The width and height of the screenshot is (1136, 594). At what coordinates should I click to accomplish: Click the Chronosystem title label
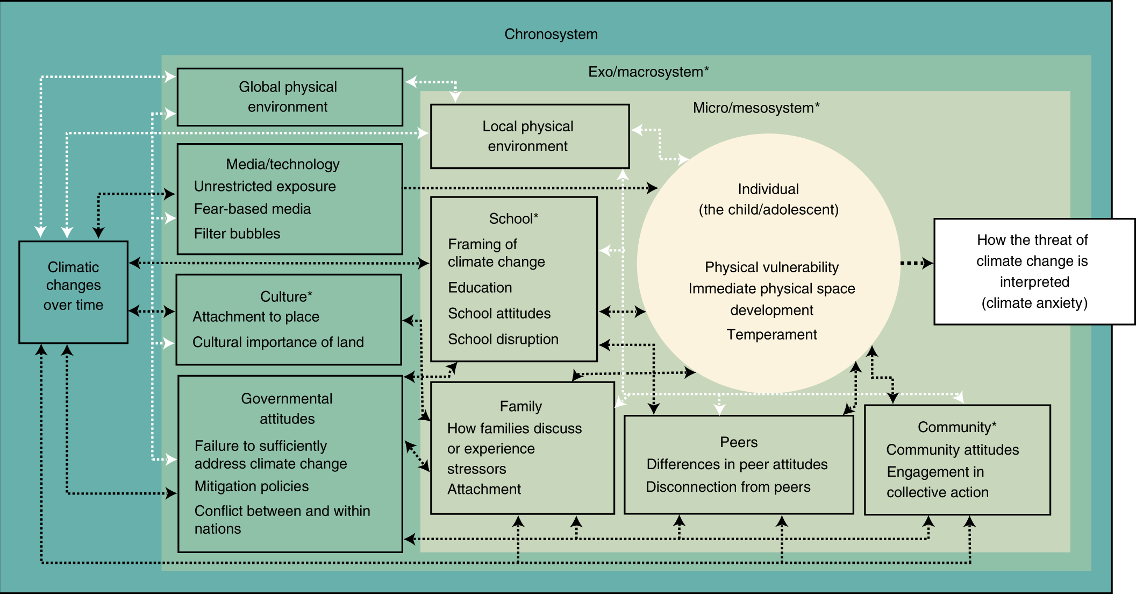[551, 34]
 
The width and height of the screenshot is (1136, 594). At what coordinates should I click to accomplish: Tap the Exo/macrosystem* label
[648, 72]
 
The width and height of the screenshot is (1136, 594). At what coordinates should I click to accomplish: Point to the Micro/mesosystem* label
[755, 108]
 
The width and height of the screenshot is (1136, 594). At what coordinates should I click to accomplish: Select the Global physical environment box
[289, 97]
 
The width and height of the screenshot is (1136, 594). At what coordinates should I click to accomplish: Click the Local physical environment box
[529, 136]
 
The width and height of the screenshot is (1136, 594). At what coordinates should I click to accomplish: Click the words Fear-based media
[252, 209]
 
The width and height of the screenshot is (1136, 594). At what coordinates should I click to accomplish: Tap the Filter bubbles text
[237, 234]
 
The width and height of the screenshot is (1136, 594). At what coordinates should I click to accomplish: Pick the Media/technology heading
[283, 164]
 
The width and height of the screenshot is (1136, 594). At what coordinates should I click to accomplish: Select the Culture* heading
[286, 296]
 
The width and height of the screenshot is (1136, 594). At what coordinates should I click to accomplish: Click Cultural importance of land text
[278, 342]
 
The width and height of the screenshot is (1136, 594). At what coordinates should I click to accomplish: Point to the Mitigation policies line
[252, 486]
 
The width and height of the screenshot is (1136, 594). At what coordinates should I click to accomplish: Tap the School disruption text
[503, 340]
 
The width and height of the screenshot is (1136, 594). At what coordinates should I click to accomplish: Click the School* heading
[513, 218]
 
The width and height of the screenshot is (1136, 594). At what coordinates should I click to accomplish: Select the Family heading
[520, 406]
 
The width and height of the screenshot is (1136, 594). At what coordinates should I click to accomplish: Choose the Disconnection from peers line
[728, 487]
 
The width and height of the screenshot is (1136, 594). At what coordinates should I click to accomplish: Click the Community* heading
[956, 427]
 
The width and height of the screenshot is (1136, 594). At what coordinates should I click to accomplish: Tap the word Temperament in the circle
[771, 335]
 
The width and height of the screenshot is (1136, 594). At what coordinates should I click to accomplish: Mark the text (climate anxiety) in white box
[1034, 303]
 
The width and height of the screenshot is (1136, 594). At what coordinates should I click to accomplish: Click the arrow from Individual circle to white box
[917, 263]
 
